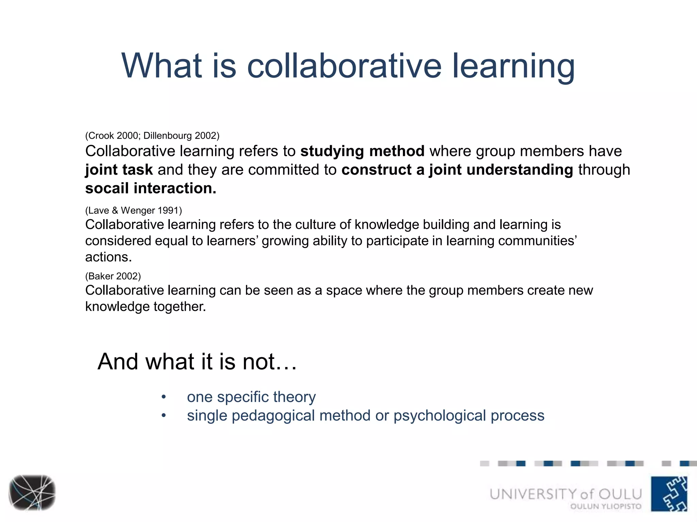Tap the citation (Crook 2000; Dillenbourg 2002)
[152, 136]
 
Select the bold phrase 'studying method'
[362, 151]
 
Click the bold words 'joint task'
[119, 170]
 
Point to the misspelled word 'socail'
[107, 188]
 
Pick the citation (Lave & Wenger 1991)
[133, 210]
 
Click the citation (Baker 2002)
[113, 276]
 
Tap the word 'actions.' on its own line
[108, 257]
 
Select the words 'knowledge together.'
[145, 307]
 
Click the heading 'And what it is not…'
[197, 361]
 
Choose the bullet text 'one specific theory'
[251, 397]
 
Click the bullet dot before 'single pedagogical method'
[164, 416]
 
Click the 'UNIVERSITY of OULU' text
[566, 494]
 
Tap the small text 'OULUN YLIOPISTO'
[606, 506]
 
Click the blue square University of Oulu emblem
[669, 494]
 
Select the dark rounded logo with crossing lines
[32, 492]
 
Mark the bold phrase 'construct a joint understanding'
[457, 170]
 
